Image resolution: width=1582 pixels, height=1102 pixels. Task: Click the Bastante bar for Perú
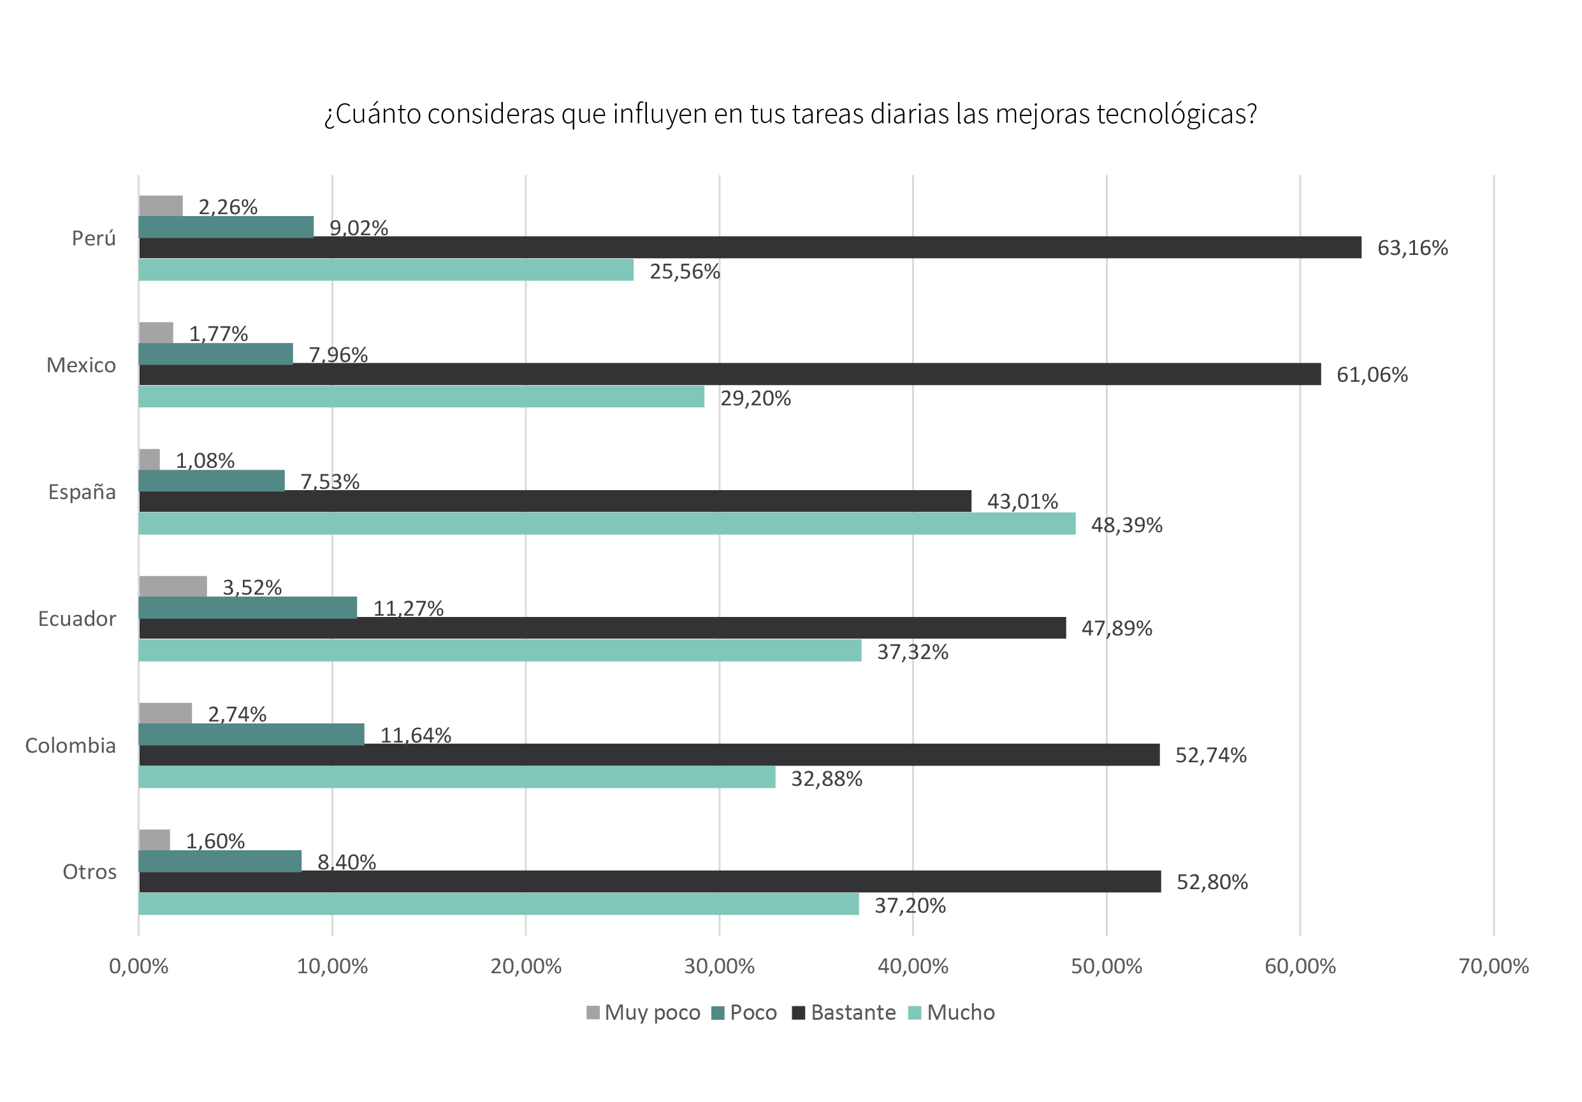coord(750,247)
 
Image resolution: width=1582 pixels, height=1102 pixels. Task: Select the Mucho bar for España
coord(606,524)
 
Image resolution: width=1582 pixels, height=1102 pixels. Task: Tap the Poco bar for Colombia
coord(252,734)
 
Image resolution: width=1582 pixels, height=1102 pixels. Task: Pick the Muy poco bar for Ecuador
coord(173,586)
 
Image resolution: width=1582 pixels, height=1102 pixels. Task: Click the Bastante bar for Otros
coord(649,881)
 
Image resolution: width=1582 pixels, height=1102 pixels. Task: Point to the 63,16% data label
coord(1412,248)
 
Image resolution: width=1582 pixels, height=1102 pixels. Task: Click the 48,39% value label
coord(1126,525)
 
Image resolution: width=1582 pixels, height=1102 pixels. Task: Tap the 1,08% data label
coord(205,460)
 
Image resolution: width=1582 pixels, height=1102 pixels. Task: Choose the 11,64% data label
coord(416,736)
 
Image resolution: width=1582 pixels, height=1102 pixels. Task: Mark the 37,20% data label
coord(910,906)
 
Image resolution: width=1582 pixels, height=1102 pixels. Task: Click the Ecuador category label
coord(76,619)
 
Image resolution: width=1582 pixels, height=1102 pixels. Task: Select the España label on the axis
coord(82,492)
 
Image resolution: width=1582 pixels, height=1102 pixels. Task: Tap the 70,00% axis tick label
coord(1493,966)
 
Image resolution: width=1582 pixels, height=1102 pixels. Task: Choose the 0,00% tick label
coord(138,966)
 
